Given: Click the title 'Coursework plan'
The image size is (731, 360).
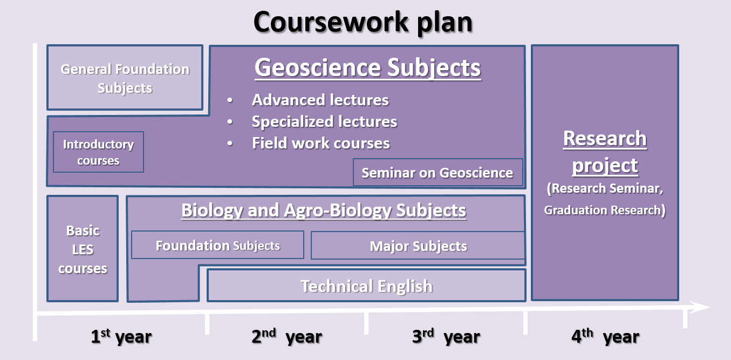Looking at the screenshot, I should [x=363, y=22].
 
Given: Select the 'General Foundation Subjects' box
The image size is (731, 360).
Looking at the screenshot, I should [x=125, y=78].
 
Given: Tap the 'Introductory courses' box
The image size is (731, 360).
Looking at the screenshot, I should [x=98, y=152].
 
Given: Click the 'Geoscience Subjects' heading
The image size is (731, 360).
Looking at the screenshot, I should [x=367, y=68].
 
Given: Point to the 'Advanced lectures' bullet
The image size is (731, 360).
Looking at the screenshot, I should [x=320, y=100].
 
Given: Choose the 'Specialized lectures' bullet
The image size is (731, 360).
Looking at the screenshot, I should [x=324, y=121].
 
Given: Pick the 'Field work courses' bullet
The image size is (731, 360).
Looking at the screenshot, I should [x=320, y=143].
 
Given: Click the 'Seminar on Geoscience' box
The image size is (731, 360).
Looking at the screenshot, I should [x=437, y=173].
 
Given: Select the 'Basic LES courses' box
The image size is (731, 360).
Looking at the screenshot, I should [x=83, y=249].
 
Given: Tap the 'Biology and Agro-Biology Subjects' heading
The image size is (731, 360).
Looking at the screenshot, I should [x=324, y=210].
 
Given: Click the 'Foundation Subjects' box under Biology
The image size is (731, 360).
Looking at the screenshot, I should [x=217, y=246].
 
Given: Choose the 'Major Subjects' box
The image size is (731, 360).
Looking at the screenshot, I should [x=418, y=247].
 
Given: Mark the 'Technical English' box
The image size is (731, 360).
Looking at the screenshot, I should [x=366, y=286].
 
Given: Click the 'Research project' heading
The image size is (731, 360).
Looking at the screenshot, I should [x=605, y=152].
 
